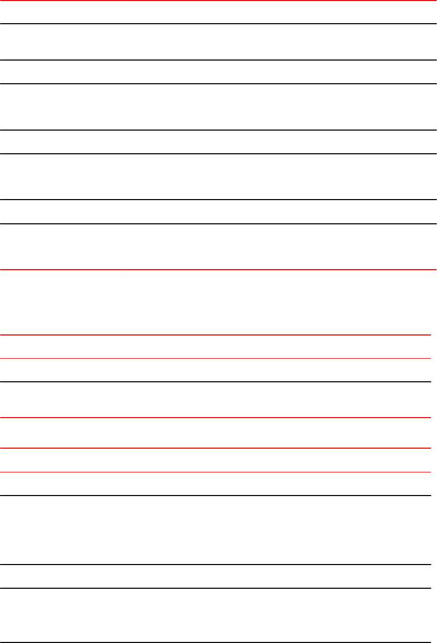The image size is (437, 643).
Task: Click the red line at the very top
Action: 218,1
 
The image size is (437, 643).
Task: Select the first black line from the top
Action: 218,24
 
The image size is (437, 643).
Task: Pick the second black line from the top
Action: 218,60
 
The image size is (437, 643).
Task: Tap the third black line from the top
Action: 218,84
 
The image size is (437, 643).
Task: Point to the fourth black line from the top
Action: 218,130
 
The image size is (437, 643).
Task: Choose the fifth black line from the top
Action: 218,154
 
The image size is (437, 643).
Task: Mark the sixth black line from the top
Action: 218,200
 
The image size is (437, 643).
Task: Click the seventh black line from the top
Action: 218,224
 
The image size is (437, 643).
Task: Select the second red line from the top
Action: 218,270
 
